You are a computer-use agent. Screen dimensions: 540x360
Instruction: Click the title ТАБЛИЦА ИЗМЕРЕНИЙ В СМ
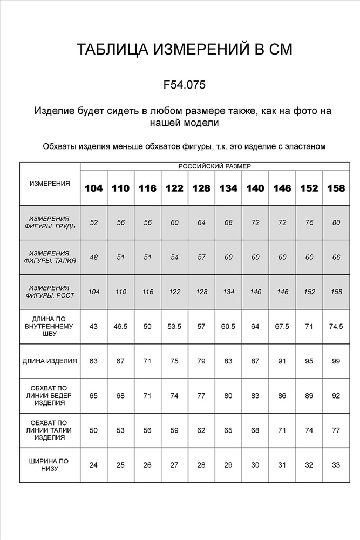(184, 50)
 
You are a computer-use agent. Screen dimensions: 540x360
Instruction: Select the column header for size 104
(94, 188)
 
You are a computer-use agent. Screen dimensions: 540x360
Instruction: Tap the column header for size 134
(228, 188)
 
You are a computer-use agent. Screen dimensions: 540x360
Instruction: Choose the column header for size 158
(336, 188)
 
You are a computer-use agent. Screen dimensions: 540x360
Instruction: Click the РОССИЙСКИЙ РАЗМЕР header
(215, 167)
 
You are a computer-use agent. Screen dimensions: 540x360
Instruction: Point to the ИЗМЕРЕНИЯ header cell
(50, 184)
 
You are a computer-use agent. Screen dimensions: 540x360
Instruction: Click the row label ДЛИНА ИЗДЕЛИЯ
(50, 361)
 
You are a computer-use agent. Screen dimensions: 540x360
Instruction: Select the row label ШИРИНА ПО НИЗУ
(50, 465)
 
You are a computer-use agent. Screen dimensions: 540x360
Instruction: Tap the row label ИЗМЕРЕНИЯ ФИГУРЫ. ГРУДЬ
(50, 223)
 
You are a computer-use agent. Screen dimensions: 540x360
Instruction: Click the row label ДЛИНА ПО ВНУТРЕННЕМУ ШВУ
(50, 327)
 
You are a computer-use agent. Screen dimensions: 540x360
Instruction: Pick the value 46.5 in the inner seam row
(121, 327)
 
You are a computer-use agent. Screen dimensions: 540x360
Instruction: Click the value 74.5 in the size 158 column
(336, 327)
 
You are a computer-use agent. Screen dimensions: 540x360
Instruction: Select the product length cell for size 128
(201, 361)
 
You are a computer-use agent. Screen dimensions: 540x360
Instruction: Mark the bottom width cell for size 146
(282, 465)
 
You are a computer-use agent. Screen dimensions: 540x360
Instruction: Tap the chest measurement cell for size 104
(94, 223)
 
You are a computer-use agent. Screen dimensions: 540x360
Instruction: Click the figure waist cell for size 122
(174, 258)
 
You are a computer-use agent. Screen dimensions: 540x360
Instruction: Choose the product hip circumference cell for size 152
(309, 396)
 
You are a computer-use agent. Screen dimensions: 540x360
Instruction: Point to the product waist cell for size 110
(121, 430)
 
